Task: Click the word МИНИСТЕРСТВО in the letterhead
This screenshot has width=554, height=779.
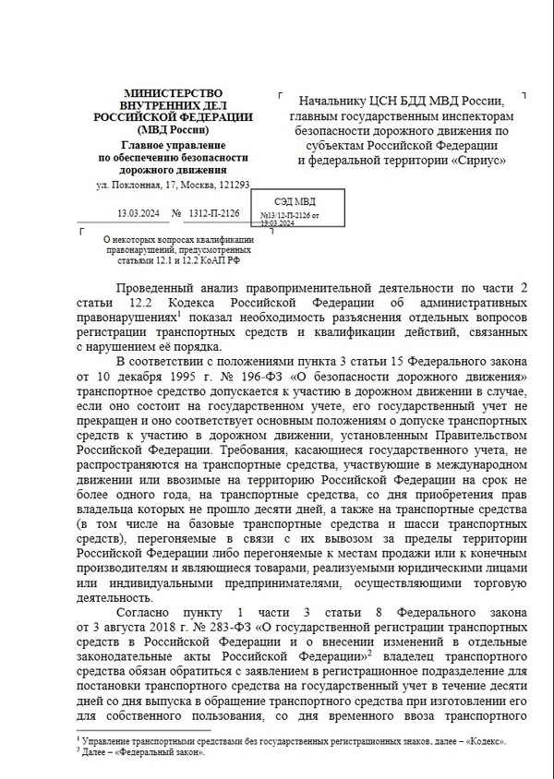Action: pyautogui.click(x=174, y=92)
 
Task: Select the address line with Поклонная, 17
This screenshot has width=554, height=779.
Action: pyautogui.click(x=174, y=186)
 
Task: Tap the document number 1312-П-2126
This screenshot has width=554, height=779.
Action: pyautogui.click(x=213, y=213)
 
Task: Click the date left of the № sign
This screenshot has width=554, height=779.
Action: pyautogui.click(x=137, y=213)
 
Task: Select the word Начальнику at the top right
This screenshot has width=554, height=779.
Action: pyautogui.click(x=327, y=102)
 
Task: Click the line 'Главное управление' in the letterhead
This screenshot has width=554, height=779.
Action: pyautogui.click(x=174, y=145)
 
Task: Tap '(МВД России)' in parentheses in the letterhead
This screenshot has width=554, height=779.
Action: pyautogui.click(x=174, y=129)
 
